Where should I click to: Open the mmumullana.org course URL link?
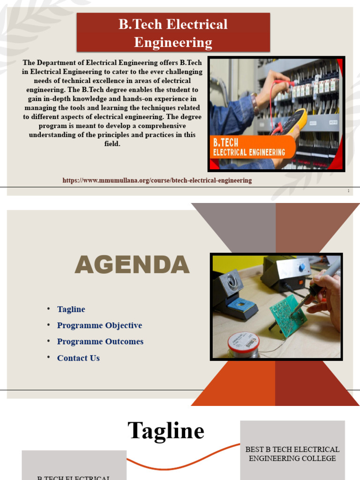tap(157, 180)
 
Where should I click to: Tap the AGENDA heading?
tap(132, 266)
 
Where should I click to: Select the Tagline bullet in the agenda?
tap(71, 309)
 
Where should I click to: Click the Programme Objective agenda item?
tap(99, 325)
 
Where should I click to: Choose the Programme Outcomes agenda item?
tap(100, 342)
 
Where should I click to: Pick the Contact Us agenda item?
tap(78, 358)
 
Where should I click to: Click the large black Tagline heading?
tap(166, 430)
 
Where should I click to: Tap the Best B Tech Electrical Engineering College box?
tap(292, 454)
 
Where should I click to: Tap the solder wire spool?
tap(243, 345)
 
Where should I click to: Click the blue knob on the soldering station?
tap(302, 267)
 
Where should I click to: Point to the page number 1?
tap(349, 191)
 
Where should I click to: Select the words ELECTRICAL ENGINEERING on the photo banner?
tap(249, 152)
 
